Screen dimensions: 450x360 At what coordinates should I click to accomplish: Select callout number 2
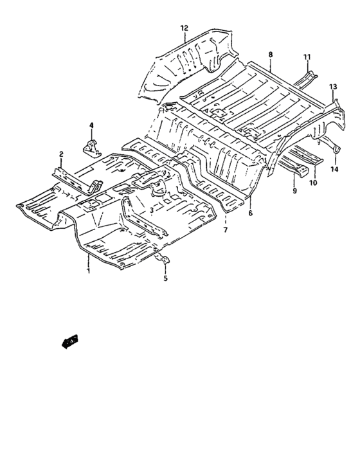[x=61, y=154]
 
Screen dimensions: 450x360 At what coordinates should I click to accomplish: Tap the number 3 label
[x=150, y=210]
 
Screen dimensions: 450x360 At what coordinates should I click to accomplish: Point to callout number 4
[x=91, y=125]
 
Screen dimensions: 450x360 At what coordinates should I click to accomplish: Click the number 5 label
[x=165, y=278]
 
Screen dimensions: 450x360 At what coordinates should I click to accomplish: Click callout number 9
[x=295, y=191]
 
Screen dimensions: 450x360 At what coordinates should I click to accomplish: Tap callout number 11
[x=307, y=57]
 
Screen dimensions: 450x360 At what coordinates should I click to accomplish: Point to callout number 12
[x=184, y=28]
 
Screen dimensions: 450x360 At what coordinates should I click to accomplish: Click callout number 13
[x=333, y=86]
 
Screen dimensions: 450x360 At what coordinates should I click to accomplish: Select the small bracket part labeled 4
[x=91, y=147]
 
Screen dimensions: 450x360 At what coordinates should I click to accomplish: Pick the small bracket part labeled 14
[x=336, y=148]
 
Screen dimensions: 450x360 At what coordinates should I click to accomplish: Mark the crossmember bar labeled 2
[x=74, y=180]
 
